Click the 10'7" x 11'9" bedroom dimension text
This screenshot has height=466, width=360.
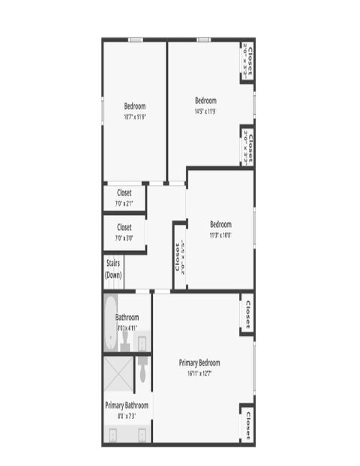point(135,116)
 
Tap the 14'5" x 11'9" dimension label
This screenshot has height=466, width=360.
point(205,111)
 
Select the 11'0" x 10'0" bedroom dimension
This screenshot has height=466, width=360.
point(220,234)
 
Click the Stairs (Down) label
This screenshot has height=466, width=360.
point(113,269)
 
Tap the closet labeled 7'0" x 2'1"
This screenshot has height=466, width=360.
point(124,198)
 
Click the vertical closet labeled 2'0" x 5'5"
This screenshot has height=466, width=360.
point(179,256)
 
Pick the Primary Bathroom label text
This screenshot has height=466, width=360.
point(126,405)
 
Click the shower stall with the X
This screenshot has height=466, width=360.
point(118,372)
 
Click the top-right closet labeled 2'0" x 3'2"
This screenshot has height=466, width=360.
point(248,61)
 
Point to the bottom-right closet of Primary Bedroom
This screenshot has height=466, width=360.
point(247,424)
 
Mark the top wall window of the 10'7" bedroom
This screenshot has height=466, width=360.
point(135,40)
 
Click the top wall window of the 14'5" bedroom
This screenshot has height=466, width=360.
point(203,40)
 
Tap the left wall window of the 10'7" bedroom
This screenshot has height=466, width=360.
point(103,109)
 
